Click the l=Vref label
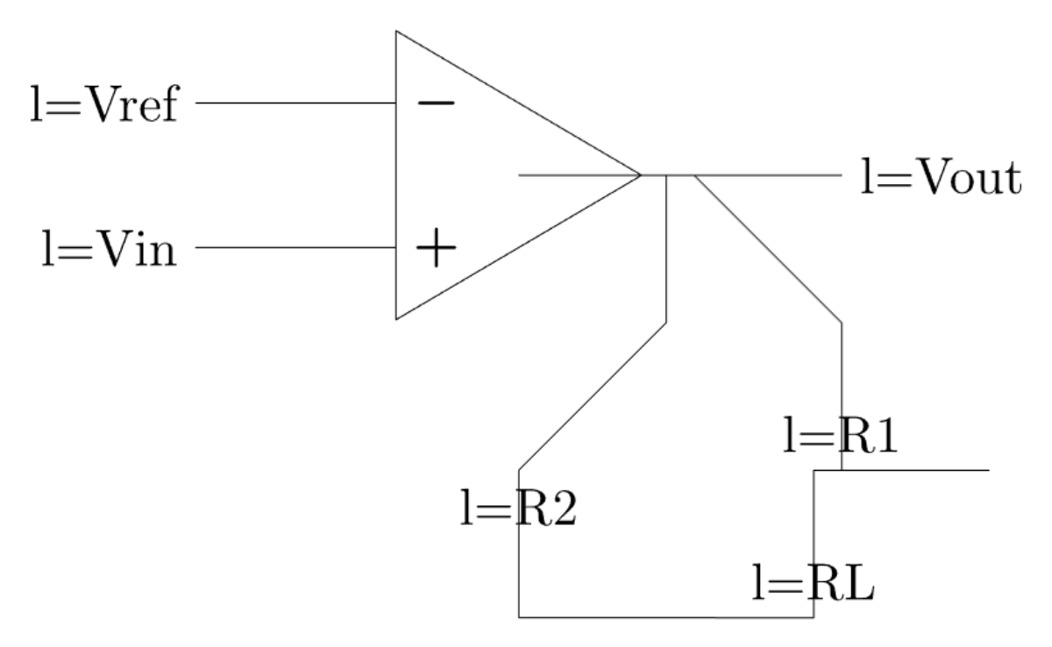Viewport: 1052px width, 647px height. point(103,105)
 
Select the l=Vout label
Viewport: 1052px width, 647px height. point(941,179)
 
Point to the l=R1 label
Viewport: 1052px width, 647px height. point(841,437)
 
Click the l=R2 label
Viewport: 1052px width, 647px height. point(518,508)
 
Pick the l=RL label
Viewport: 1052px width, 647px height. point(813,583)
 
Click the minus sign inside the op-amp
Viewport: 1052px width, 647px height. point(436,103)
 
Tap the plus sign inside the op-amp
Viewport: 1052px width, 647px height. point(436,251)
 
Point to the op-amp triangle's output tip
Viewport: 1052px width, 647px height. point(640,175)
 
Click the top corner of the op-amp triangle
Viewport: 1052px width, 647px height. point(396,32)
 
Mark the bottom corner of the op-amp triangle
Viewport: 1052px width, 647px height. point(396,319)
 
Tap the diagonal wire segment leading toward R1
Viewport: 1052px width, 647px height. point(768,249)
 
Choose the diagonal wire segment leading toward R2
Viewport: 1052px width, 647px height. point(593,396)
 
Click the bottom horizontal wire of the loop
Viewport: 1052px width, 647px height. point(666,617)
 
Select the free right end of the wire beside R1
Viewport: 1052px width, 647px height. point(989,470)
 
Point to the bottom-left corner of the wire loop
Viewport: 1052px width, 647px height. point(519,617)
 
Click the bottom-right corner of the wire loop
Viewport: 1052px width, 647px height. point(814,617)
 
